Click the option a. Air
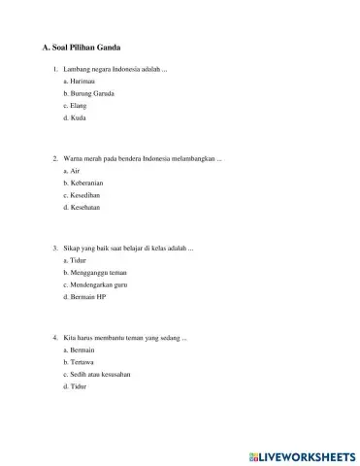point(71,170)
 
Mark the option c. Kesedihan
point(81,194)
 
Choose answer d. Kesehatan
point(82,207)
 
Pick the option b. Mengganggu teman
point(92,273)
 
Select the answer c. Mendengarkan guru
point(95,284)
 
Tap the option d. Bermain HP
point(82,297)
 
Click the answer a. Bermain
point(77,349)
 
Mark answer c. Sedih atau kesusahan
point(96,374)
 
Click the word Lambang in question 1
point(77,70)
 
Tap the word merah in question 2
point(92,157)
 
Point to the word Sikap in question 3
point(72,249)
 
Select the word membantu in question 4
point(115,337)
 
